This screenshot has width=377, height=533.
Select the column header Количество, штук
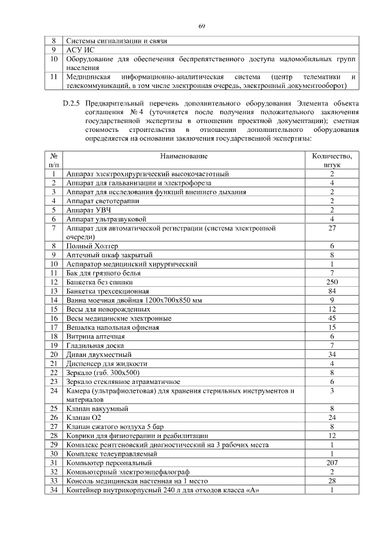(x=332, y=161)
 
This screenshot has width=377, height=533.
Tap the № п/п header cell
(x=54, y=161)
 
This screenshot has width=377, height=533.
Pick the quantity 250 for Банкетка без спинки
(x=332, y=282)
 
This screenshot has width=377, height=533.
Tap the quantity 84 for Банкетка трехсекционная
(x=332, y=291)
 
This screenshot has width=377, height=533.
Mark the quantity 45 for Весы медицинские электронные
(x=332, y=318)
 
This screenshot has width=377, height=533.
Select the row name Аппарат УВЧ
(x=89, y=210)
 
